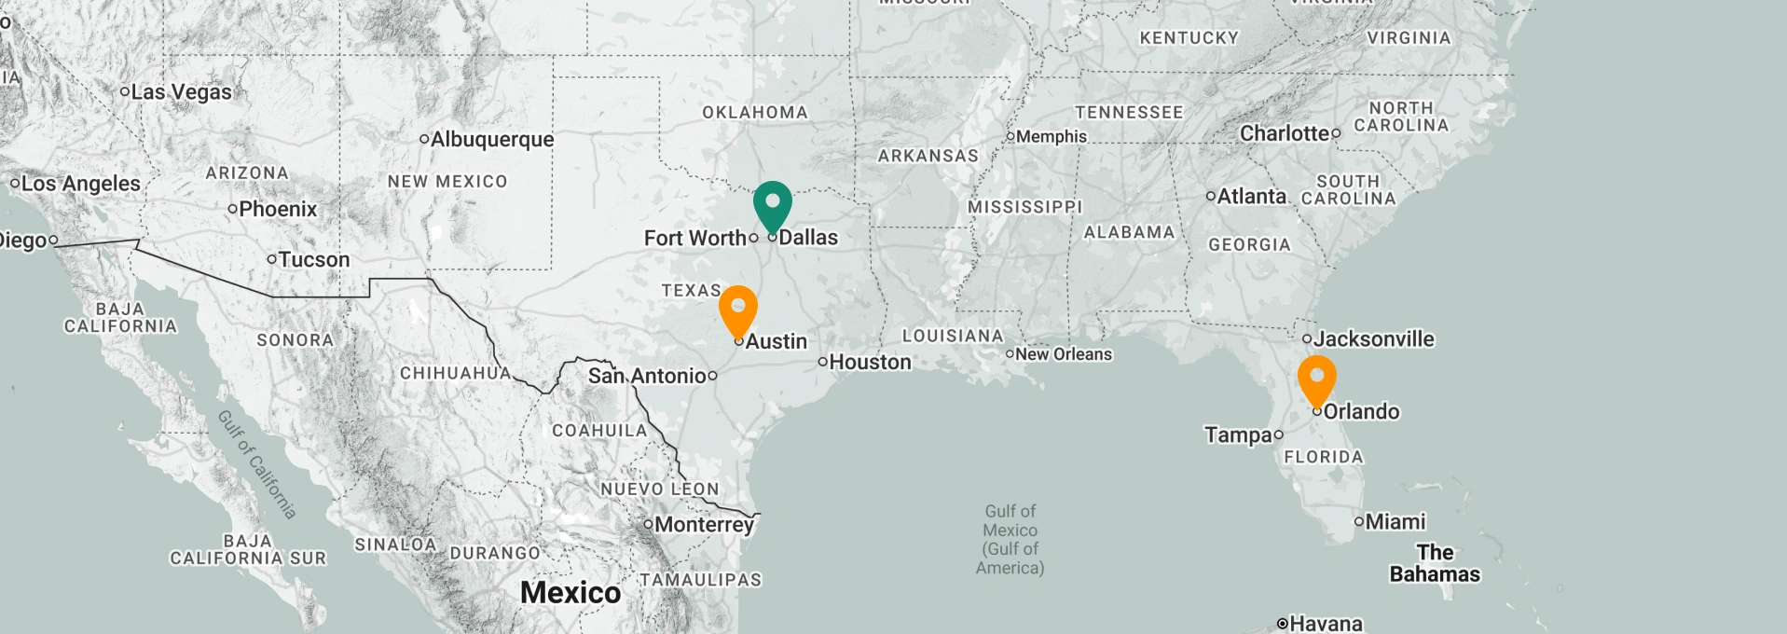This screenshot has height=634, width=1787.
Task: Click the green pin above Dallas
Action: point(772,204)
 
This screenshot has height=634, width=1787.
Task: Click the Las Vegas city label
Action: point(181,91)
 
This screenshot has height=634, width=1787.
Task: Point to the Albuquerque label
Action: point(491,140)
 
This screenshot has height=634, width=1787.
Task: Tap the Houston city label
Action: point(870,362)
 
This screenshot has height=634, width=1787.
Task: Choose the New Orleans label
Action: point(1064,354)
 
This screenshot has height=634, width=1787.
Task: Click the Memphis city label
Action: point(1051,137)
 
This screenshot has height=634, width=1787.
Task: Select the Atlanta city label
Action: point(1251,197)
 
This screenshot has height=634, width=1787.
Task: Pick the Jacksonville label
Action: point(1373,339)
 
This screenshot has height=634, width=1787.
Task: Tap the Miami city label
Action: point(1395,522)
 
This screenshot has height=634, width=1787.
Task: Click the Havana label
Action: point(1326,623)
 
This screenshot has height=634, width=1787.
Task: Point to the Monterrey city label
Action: point(704,525)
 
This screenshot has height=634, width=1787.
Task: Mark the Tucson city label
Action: point(314,259)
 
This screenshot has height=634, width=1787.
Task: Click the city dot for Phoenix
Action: point(232,209)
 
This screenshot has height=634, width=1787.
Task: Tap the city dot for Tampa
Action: point(1278,434)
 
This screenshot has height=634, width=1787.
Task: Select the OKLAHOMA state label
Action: point(755,113)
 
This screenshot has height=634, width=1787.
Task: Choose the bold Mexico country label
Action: point(570,592)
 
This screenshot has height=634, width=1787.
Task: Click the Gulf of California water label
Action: point(257,464)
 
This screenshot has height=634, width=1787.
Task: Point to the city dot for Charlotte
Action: point(1336,133)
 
